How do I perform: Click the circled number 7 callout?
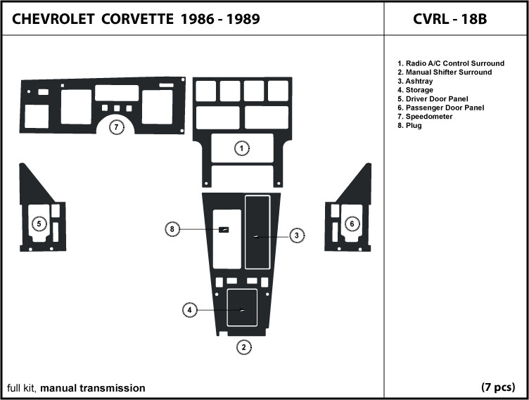116,127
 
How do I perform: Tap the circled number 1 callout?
241,148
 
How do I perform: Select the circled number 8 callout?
172,229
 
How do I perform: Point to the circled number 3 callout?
297,236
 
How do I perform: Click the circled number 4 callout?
190,310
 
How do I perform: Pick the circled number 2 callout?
244,347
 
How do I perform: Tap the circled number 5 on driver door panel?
39,224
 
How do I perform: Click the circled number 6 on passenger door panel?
352,224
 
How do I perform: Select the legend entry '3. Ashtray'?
415,82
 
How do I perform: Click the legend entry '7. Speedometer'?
425,117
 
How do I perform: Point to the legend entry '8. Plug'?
409,125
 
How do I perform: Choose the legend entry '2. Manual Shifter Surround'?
445,72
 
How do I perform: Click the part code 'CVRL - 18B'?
450,19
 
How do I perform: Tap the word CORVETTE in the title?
137,19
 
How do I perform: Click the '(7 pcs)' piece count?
498,387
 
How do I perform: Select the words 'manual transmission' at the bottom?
93,388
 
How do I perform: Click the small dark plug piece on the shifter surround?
224,230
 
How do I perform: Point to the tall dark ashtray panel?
257,232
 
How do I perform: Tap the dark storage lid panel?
242,308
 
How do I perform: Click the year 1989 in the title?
243,19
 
